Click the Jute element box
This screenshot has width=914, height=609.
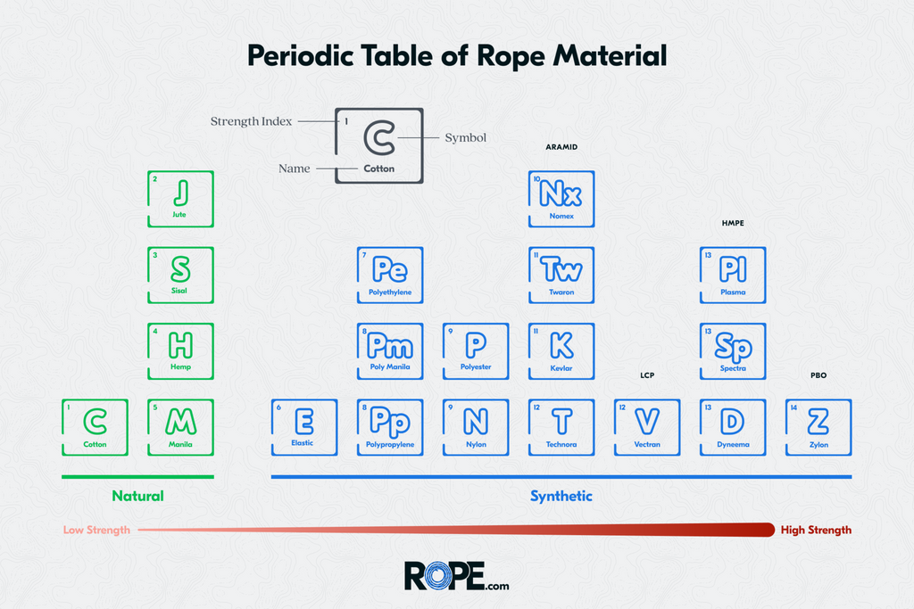coord(180,199)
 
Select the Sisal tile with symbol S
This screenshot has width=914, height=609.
coord(180,275)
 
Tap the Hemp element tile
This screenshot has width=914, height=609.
coord(180,350)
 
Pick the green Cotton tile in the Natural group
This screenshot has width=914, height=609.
coord(95,426)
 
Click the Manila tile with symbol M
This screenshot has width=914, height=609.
coord(180,426)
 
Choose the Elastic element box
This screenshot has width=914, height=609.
coord(303,426)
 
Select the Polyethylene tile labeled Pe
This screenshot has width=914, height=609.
coord(389,275)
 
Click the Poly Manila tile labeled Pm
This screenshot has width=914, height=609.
coord(389,350)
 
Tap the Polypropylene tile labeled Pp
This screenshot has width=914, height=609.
coord(389,426)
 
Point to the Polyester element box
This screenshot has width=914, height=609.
coord(475,350)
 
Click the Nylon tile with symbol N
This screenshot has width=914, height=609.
coord(475,426)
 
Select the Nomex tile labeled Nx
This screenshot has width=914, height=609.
coord(561,199)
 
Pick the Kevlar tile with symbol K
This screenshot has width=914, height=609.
coord(561,350)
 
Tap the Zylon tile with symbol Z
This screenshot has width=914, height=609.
coord(818,426)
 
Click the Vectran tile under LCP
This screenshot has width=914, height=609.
coord(646,426)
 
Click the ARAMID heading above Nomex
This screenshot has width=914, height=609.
coord(561,146)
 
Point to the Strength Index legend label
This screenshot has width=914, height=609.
coord(251,121)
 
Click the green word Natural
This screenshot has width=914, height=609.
coord(137,496)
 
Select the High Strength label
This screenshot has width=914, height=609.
coord(815,530)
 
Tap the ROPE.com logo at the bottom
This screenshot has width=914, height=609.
coord(456,575)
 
